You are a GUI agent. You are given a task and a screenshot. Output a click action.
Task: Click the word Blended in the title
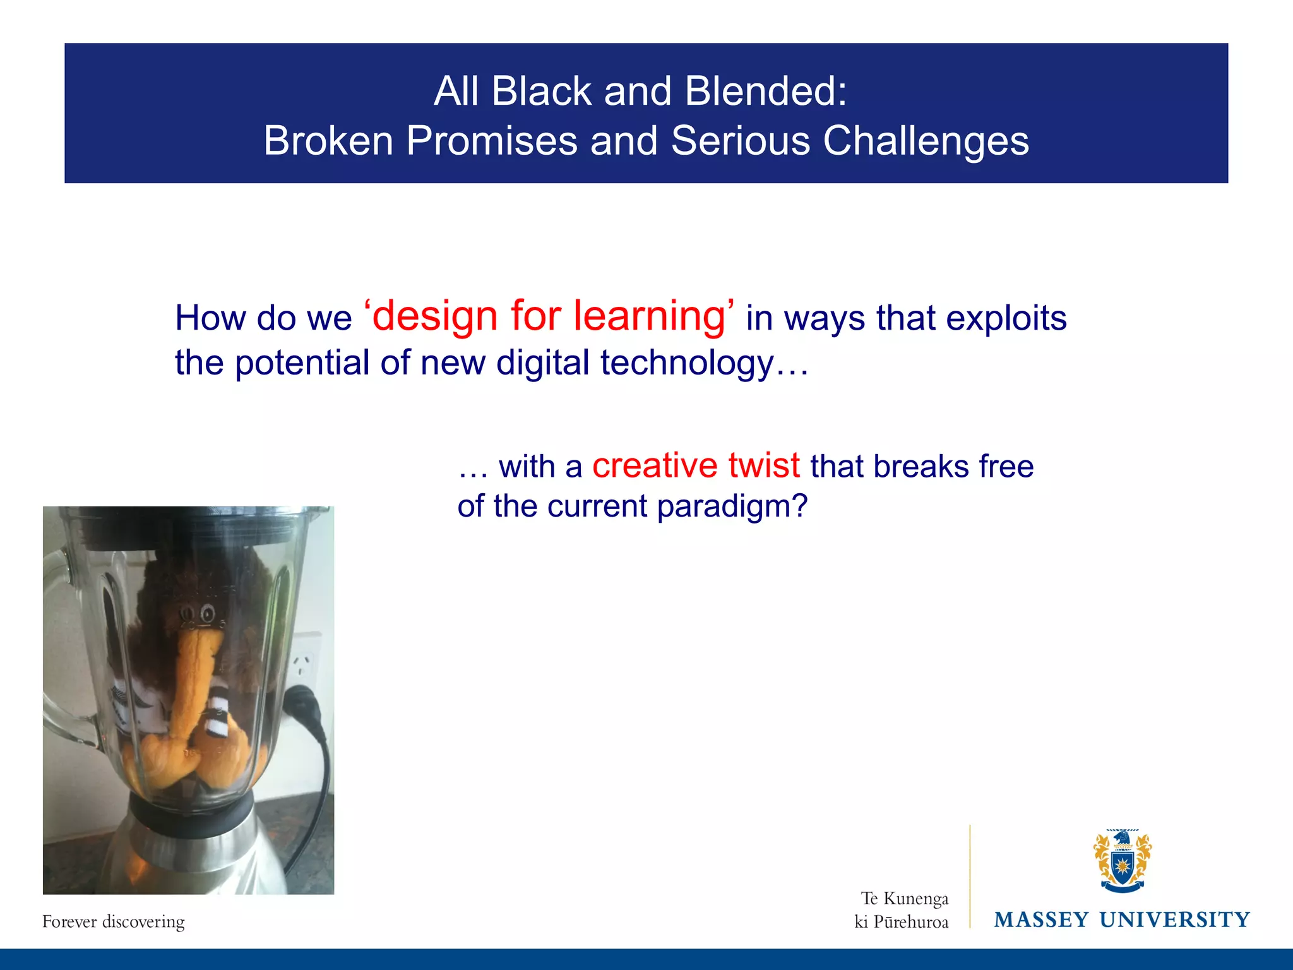pyautogui.click(x=765, y=92)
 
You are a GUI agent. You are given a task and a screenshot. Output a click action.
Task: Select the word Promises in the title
pyautogui.click(x=492, y=141)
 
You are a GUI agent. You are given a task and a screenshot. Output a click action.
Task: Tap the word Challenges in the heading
pyautogui.click(x=926, y=141)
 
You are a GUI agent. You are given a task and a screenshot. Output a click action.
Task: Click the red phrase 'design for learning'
pyautogui.click(x=549, y=316)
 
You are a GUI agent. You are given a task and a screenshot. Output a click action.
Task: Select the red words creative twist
pyautogui.click(x=696, y=465)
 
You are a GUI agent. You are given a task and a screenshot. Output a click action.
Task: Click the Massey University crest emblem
pyautogui.click(x=1122, y=860)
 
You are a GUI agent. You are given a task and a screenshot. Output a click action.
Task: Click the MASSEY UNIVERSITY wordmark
pyautogui.click(x=1122, y=919)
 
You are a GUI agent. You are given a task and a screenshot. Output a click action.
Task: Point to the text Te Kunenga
pyautogui.click(x=904, y=898)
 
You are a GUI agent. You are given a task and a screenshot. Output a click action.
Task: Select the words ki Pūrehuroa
pyautogui.click(x=901, y=922)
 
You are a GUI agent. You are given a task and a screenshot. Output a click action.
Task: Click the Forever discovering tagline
pyautogui.click(x=114, y=921)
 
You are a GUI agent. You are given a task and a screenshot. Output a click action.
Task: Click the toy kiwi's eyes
pyautogui.click(x=197, y=613)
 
